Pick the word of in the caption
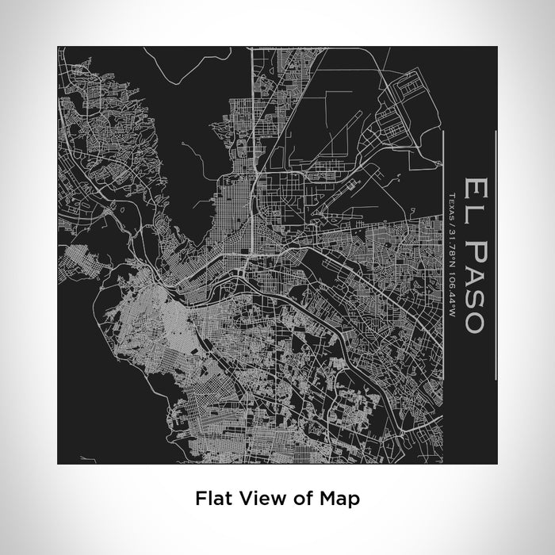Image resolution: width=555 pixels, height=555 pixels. pos(293,499)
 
